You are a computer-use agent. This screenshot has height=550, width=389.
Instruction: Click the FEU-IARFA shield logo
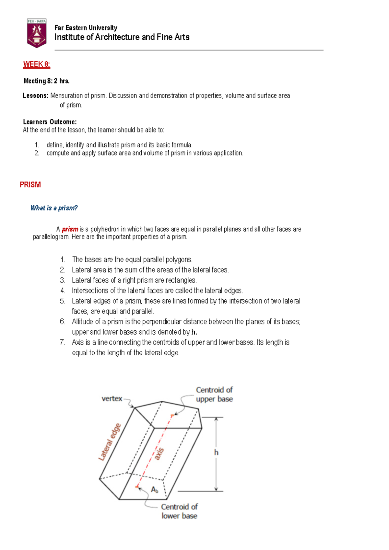[37, 33]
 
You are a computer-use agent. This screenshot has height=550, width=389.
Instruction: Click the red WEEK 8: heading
[37, 64]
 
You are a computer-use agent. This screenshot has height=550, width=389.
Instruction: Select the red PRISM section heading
[30, 185]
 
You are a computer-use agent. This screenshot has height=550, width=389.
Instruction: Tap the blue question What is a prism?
[54, 208]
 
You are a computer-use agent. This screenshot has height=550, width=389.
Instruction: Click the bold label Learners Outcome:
[50, 122]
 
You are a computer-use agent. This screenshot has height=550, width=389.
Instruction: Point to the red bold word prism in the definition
[70, 229]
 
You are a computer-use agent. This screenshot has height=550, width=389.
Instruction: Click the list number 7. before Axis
[63, 342]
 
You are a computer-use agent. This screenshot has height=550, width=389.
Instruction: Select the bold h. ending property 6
[194, 332]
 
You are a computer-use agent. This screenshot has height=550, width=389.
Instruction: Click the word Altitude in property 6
[82, 322]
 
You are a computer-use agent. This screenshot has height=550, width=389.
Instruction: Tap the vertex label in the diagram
[112, 399]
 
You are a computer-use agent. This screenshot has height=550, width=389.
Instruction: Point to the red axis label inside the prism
[159, 453]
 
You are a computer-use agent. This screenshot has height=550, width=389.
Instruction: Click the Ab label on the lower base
[154, 490]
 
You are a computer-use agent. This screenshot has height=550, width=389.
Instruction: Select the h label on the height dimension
[216, 452]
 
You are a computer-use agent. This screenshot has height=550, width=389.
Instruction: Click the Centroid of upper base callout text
[214, 395]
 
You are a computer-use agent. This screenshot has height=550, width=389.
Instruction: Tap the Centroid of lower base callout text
[179, 511]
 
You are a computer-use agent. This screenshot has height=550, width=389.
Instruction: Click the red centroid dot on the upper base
[172, 415]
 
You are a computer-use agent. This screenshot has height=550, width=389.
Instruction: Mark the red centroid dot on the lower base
[137, 487]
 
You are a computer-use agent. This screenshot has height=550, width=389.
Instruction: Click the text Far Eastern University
[86, 28]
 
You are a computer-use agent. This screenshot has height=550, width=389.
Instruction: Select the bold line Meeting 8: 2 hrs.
[46, 81]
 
